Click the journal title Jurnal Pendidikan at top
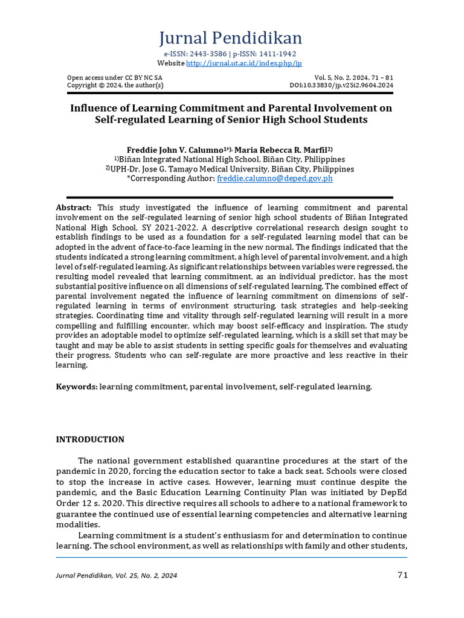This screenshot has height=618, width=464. point(231,38)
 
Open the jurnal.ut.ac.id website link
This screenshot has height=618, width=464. point(244,63)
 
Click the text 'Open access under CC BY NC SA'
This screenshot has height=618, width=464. point(114,78)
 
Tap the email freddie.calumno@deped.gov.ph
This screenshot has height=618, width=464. point(274,179)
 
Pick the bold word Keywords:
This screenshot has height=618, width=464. point(77,386)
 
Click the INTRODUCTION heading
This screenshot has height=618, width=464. point(90,439)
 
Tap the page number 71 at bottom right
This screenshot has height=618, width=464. point(402,575)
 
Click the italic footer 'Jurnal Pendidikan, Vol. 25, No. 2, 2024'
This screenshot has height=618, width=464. point(117,576)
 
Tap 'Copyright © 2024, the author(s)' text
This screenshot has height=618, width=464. point(115,86)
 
